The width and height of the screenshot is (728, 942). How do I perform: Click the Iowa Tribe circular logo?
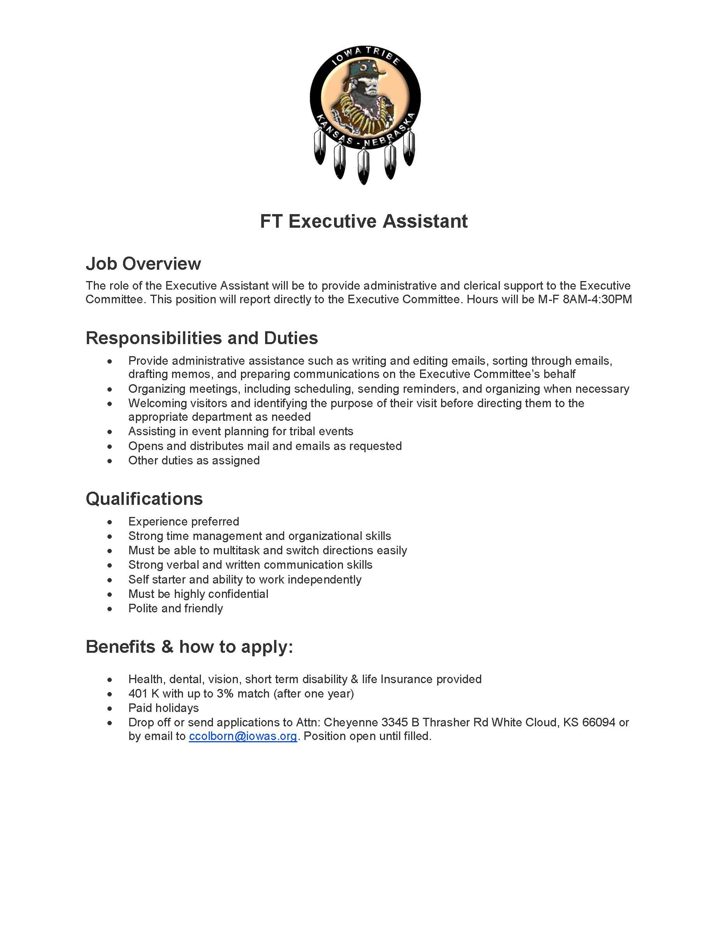(364, 99)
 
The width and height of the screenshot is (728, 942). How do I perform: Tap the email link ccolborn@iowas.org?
(243, 736)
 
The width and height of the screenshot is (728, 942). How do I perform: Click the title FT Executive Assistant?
(364, 221)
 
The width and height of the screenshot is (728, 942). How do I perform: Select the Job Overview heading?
(143, 264)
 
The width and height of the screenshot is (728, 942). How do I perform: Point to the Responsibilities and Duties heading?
(202, 338)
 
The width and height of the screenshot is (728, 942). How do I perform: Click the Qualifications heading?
(144, 499)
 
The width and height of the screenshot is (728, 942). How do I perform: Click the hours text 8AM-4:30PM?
(597, 299)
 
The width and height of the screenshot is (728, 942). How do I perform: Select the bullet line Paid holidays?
(164, 708)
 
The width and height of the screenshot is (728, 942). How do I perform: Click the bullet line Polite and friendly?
(176, 608)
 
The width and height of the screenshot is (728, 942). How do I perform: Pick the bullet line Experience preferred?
(183, 522)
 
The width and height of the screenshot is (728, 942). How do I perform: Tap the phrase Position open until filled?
(368, 736)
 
